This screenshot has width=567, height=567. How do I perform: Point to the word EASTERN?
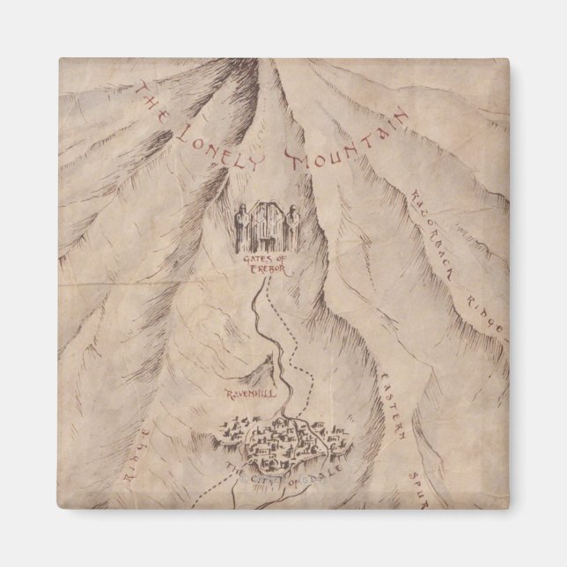(394, 405)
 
